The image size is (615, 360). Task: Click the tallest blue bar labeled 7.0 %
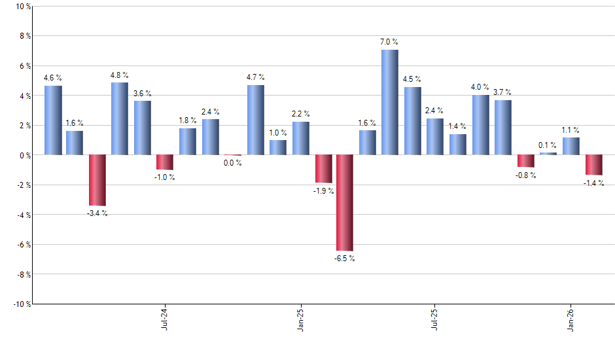point(389,102)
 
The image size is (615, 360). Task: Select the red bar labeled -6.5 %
point(345,203)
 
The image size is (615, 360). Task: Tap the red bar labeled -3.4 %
point(97,180)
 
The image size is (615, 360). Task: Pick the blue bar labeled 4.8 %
point(120,118)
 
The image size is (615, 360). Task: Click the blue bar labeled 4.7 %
point(256,120)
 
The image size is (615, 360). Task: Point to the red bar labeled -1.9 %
point(323,169)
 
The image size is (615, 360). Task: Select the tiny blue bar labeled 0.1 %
point(548,154)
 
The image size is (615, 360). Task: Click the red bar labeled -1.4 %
point(593,165)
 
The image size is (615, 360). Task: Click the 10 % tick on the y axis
point(22,7)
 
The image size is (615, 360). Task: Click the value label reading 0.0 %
point(233,163)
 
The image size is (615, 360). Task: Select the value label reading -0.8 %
point(526,175)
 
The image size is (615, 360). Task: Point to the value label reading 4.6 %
point(53,79)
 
